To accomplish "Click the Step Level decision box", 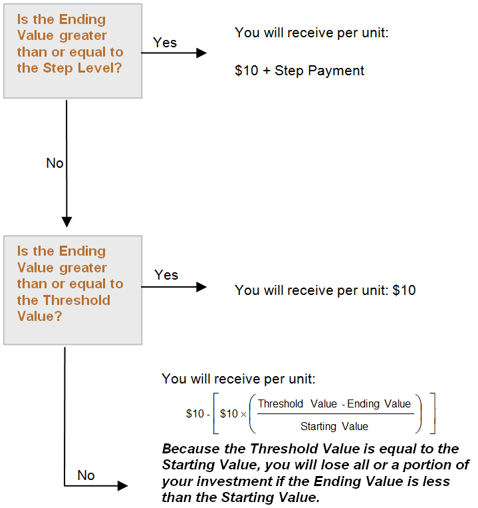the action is point(72,51).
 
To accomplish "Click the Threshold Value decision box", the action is point(72,290).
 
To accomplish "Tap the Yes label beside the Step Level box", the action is point(165,43).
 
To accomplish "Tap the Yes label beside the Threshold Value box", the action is point(166,275).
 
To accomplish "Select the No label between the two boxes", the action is point(55,163).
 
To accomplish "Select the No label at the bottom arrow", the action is point(86,475).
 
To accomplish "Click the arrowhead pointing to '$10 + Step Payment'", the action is point(201,53).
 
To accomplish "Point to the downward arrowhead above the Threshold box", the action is point(66,222).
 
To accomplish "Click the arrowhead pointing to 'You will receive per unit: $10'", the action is point(201,287).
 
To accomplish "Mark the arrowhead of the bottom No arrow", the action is point(123,485).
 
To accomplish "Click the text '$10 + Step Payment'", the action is point(299,71).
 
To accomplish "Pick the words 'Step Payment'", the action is point(320,71).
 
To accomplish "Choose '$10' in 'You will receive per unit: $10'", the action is point(404,290).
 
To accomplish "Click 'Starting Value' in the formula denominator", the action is point(334,426).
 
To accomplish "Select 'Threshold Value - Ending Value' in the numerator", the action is point(334,404).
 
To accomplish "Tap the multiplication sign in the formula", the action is point(243,414).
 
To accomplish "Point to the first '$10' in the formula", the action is point(195,413).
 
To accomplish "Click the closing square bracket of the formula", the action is point(433,413).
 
